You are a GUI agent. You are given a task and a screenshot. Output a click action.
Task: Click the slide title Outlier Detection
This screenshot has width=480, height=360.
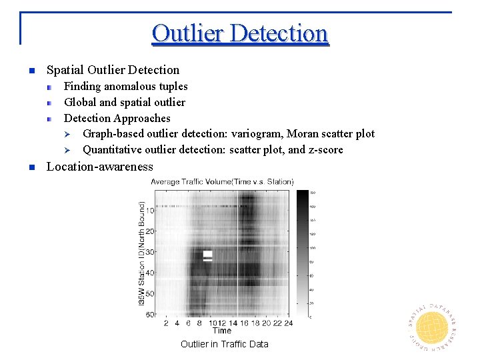[x=240, y=33]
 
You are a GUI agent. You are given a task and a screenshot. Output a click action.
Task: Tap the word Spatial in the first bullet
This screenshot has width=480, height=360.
[x=65, y=70]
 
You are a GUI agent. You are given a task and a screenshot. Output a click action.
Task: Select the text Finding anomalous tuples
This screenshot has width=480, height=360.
[x=125, y=86]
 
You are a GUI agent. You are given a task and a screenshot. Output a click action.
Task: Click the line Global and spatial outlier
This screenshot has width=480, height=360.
[x=124, y=102]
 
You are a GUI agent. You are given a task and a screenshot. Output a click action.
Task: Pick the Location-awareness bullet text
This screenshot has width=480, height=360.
[x=99, y=167]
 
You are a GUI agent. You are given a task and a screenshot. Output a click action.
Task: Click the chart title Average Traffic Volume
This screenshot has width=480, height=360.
[x=222, y=181]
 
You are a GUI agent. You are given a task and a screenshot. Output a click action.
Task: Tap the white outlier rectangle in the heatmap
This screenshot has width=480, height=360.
[x=207, y=255]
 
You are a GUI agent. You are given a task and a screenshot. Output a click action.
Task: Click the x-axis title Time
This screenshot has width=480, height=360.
[x=222, y=331]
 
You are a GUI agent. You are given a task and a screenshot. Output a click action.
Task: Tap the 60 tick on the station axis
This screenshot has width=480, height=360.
[x=150, y=315]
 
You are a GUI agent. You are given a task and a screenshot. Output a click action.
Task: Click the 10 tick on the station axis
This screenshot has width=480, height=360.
[x=150, y=211]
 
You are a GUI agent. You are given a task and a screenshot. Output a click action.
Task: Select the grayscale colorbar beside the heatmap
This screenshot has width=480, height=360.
[x=302, y=253]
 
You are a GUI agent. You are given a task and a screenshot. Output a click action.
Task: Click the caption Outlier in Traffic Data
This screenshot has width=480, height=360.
[x=225, y=344]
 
